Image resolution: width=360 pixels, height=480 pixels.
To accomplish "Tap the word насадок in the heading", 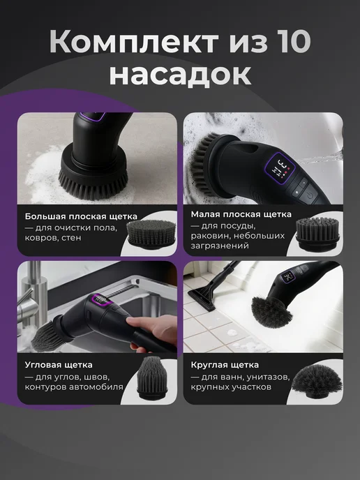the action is point(180,75).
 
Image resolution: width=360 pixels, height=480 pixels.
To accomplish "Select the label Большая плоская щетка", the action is point(81,216).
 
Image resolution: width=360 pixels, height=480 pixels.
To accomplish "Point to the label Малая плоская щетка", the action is point(241,214).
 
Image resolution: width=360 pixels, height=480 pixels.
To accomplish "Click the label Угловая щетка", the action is point(59,365).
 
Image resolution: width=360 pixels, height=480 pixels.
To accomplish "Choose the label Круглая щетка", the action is point(225,365).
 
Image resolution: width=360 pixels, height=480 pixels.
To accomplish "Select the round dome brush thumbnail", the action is point(317,381).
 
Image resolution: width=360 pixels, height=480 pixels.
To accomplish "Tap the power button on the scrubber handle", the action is point(310,195).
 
